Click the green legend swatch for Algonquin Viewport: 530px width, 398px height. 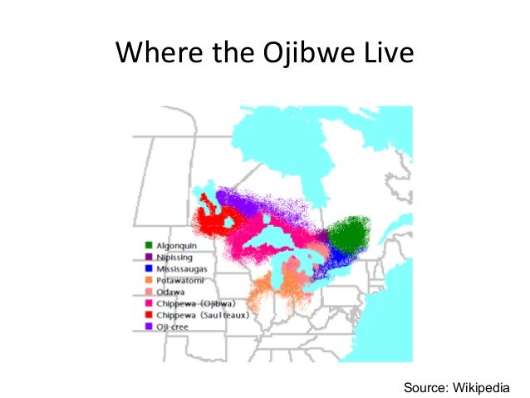(148, 247)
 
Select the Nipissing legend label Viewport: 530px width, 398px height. (173, 258)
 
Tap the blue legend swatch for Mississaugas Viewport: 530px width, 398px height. (148, 270)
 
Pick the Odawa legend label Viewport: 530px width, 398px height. (169, 292)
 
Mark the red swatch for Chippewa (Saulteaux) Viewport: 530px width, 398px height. (148, 315)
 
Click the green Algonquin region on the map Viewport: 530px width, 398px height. (350, 236)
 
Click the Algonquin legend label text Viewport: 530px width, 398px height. (175, 247)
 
